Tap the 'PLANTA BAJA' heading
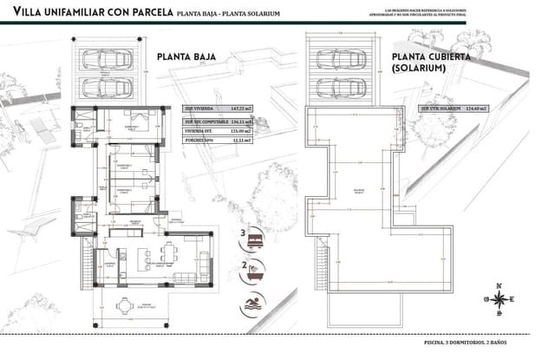[186, 57]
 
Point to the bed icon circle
[254, 236]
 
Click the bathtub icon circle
[254, 269]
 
